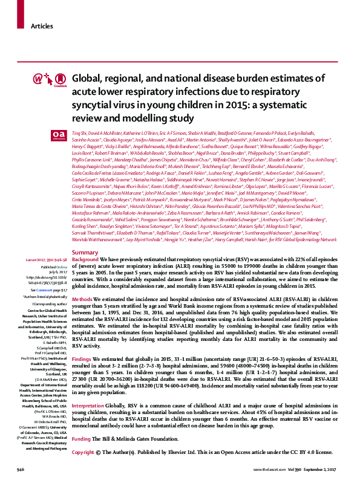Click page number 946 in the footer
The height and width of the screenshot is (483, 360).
pos(21,470)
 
